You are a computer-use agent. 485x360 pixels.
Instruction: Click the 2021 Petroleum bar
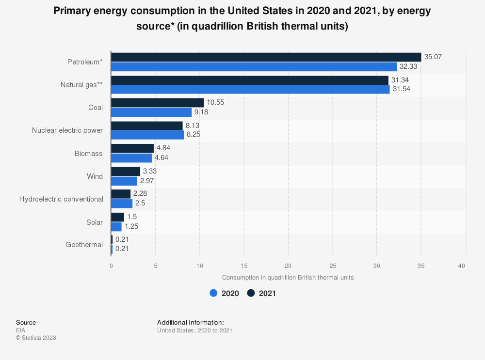coord(266,57)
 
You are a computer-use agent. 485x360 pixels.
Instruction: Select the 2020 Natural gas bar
coord(250,90)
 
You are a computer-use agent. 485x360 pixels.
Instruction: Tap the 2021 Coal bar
coord(157,103)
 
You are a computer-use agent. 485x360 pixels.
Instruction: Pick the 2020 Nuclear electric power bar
coord(147,135)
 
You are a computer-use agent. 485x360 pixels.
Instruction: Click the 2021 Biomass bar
coord(132,148)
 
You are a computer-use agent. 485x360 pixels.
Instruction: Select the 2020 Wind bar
coord(124,181)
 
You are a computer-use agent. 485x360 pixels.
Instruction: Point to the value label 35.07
coord(433,57)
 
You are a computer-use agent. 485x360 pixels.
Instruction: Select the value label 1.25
coord(132,227)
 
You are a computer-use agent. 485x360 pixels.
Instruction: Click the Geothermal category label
coord(84,245)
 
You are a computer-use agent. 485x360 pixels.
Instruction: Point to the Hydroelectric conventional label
coord(61,199)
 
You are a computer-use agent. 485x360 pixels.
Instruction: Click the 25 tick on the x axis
coord(332,266)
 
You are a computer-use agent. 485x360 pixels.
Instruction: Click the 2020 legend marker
coord(213,293)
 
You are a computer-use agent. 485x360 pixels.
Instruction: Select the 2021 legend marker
coord(251,293)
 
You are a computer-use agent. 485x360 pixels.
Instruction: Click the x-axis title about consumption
coord(288,278)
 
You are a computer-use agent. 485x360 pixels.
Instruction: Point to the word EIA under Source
coord(21,330)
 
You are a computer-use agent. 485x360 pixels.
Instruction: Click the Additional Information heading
coord(191,322)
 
